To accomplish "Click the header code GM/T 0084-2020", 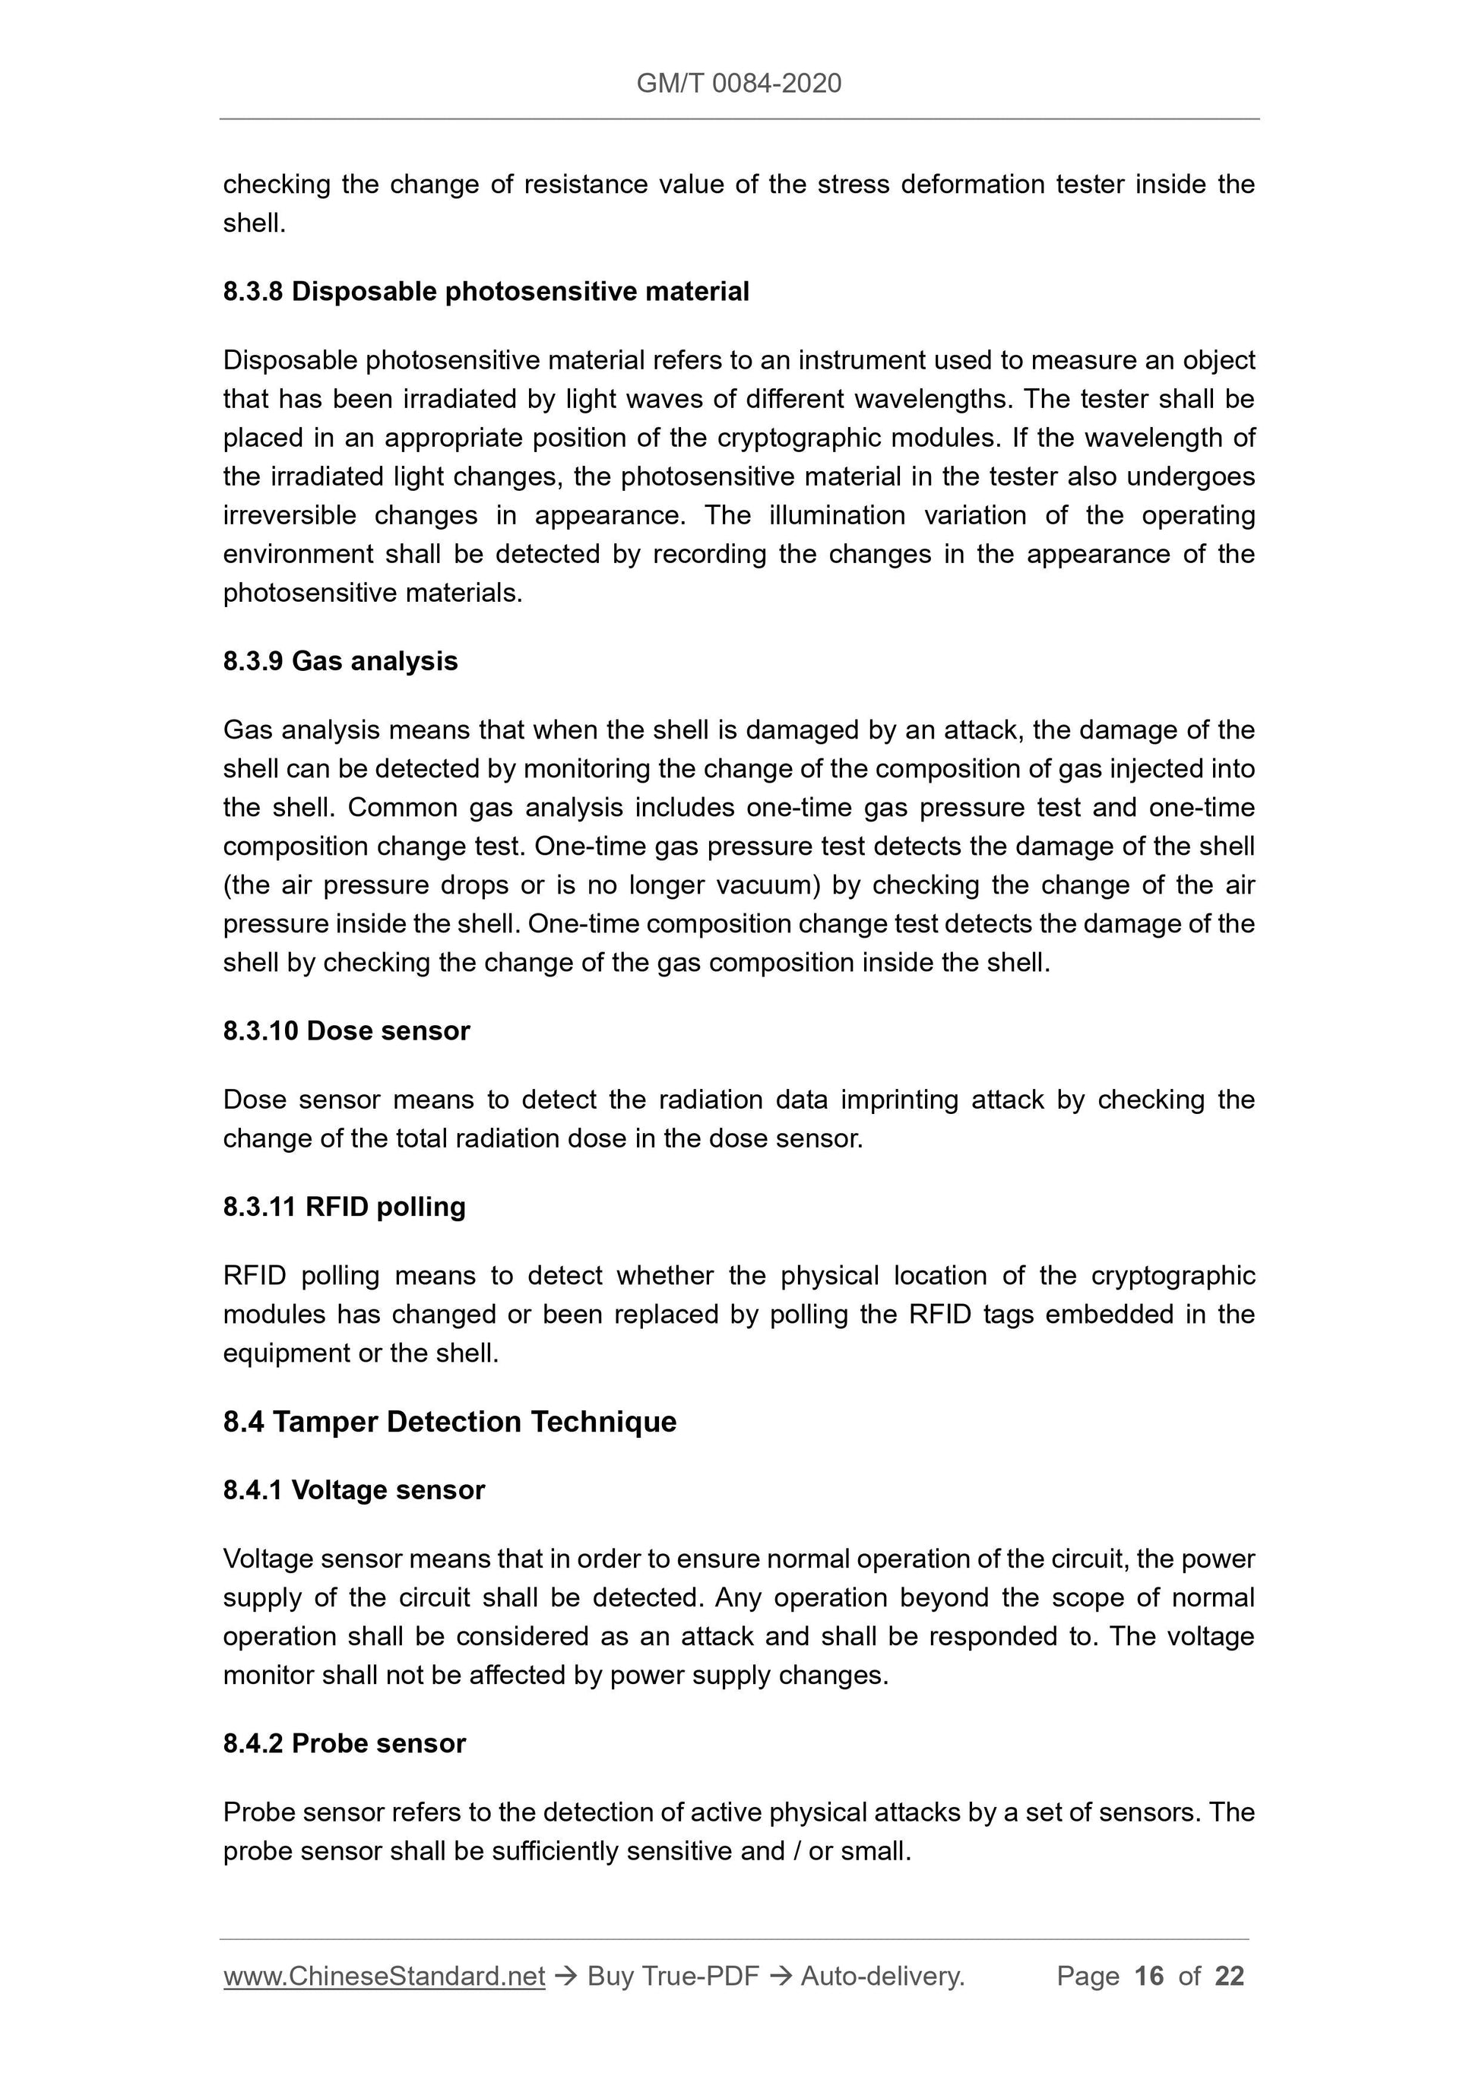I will click(738, 84).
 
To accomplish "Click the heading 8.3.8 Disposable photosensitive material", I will click(486, 292).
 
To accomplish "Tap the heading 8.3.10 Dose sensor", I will click(347, 1030).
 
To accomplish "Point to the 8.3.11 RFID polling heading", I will click(344, 1207).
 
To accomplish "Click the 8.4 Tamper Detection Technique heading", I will click(449, 1422).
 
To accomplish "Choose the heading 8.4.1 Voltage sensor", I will click(353, 1489).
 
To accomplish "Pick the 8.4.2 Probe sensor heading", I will click(344, 1743).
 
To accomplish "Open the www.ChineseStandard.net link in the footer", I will click(384, 1976).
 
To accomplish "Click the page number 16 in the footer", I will click(1149, 1976).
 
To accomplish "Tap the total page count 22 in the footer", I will click(1229, 1976).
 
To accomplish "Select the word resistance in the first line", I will click(586, 184).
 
